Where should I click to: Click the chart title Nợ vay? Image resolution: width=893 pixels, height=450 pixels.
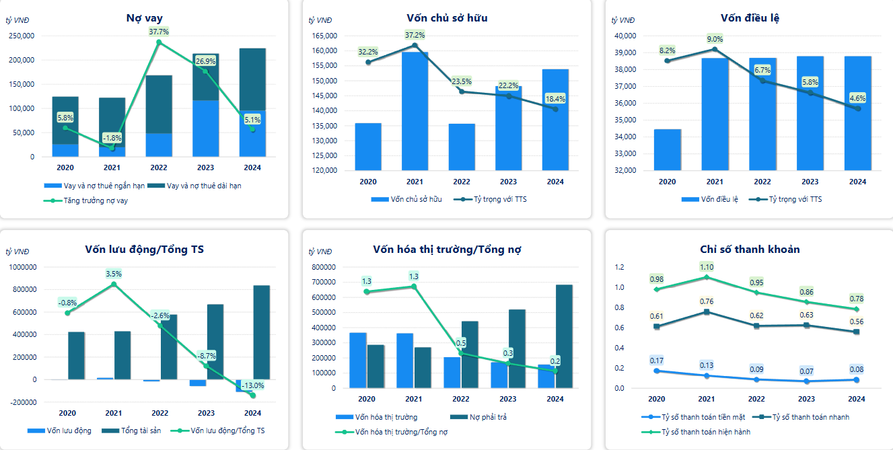tap(144, 18)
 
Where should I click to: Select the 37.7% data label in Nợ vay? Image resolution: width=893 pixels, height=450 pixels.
tap(159, 32)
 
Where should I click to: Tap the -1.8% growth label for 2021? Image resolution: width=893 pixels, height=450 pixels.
tap(112, 138)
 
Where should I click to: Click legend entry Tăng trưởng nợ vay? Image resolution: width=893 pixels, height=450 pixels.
tap(90, 200)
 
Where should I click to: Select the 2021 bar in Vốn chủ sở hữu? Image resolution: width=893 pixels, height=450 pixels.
tap(415, 111)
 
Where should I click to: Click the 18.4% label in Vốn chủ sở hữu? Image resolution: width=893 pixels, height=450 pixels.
tap(555, 98)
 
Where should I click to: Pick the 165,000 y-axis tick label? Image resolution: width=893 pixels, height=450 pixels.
tap(324, 36)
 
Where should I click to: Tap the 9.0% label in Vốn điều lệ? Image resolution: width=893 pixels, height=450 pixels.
tap(714, 39)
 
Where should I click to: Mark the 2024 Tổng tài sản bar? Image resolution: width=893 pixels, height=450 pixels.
tap(261, 332)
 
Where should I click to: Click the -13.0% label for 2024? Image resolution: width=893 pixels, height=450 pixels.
tap(253, 386)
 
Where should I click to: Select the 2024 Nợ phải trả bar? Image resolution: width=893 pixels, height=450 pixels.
tap(564, 336)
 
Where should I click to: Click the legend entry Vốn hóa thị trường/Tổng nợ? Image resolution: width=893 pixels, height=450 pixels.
tap(401, 432)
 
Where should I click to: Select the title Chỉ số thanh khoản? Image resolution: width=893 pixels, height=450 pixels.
tap(750, 250)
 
